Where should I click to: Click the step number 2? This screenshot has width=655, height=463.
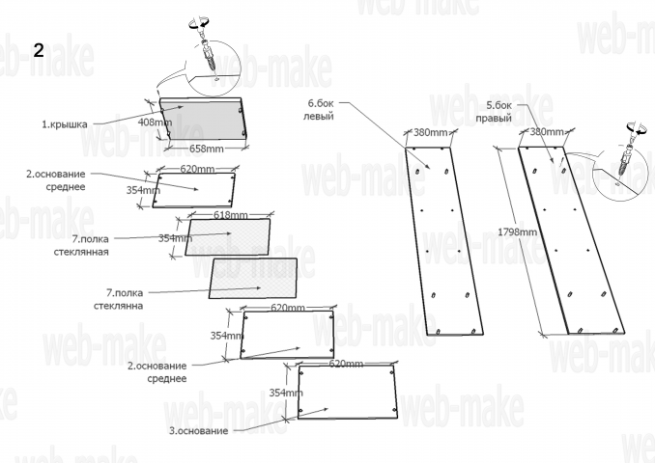click(x=39, y=50)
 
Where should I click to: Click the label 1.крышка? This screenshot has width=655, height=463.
click(x=65, y=123)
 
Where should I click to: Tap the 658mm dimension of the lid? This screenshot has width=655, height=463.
click(x=207, y=149)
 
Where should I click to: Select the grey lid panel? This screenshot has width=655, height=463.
click(x=201, y=119)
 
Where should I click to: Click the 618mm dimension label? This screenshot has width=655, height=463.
click(x=231, y=215)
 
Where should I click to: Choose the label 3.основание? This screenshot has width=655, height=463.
click(x=198, y=431)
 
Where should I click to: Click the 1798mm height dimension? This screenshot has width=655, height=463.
click(x=517, y=231)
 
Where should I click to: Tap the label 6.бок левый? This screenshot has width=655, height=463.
click(x=321, y=109)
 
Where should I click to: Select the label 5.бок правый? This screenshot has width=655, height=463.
click(x=494, y=111)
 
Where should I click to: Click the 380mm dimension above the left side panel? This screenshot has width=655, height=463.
click(x=430, y=133)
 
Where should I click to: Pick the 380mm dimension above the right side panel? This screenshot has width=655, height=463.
click(x=547, y=132)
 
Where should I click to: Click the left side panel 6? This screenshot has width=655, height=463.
click(x=444, y=241)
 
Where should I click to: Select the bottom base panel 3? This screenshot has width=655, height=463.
click(x=348, y=392)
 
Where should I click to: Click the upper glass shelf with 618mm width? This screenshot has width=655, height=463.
click(x=228, y=236)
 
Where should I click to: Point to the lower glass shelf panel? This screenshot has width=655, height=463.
click(x=253, y=278)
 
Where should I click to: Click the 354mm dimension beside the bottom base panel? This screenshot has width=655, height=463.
click(x=286, y=393)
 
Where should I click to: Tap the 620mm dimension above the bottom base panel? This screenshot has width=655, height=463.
click(x=346, y=364)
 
